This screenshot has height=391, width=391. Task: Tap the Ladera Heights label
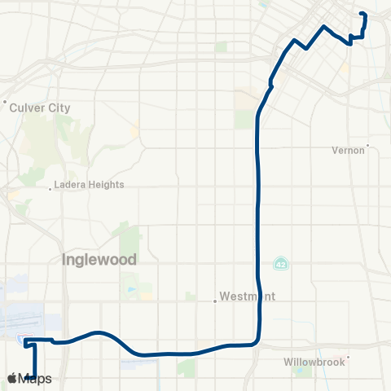[89, 185]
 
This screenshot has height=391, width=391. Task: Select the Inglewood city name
[99, 260]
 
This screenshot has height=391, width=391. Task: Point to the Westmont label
[248, 297]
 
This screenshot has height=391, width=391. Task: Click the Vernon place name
[349, 150]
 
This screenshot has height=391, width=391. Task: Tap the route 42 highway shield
[280, 265]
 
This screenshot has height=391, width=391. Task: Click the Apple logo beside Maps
[11, 379]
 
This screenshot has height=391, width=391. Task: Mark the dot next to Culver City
[6, 103]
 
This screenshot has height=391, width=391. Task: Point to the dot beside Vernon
[368, 146]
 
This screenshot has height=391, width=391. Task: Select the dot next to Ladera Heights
[51, 187]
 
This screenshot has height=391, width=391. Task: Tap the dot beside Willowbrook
[348, 356]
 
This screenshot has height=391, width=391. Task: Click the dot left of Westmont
[215, 300]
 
